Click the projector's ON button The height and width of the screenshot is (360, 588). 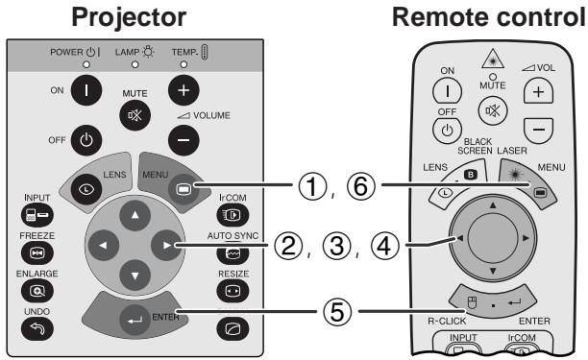tap(86, 90)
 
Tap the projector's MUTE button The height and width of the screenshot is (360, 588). tap(135, 115)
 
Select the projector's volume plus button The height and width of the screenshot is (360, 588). tap(184, 90)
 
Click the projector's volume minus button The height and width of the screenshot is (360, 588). tap(184, 140)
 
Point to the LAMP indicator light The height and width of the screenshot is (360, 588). tap(135, 64)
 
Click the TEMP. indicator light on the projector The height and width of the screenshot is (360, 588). tap(184, 64)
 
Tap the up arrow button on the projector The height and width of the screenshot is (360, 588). tap(135, 215)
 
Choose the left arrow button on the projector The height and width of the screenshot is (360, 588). tap(104, 246)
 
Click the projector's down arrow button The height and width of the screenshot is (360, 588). tap(135, 276)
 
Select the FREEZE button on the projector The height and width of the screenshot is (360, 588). tap(37, 252)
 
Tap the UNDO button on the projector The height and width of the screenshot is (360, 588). tap(37, 328)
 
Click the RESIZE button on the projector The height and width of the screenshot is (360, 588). tap(233, 291)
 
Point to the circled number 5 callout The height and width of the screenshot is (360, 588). tap(337, 311)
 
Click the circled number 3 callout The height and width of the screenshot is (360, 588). tap(337, 246)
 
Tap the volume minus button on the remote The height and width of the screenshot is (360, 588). tap(538, 131)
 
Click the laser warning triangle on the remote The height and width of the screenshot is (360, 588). tap(493, 59)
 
